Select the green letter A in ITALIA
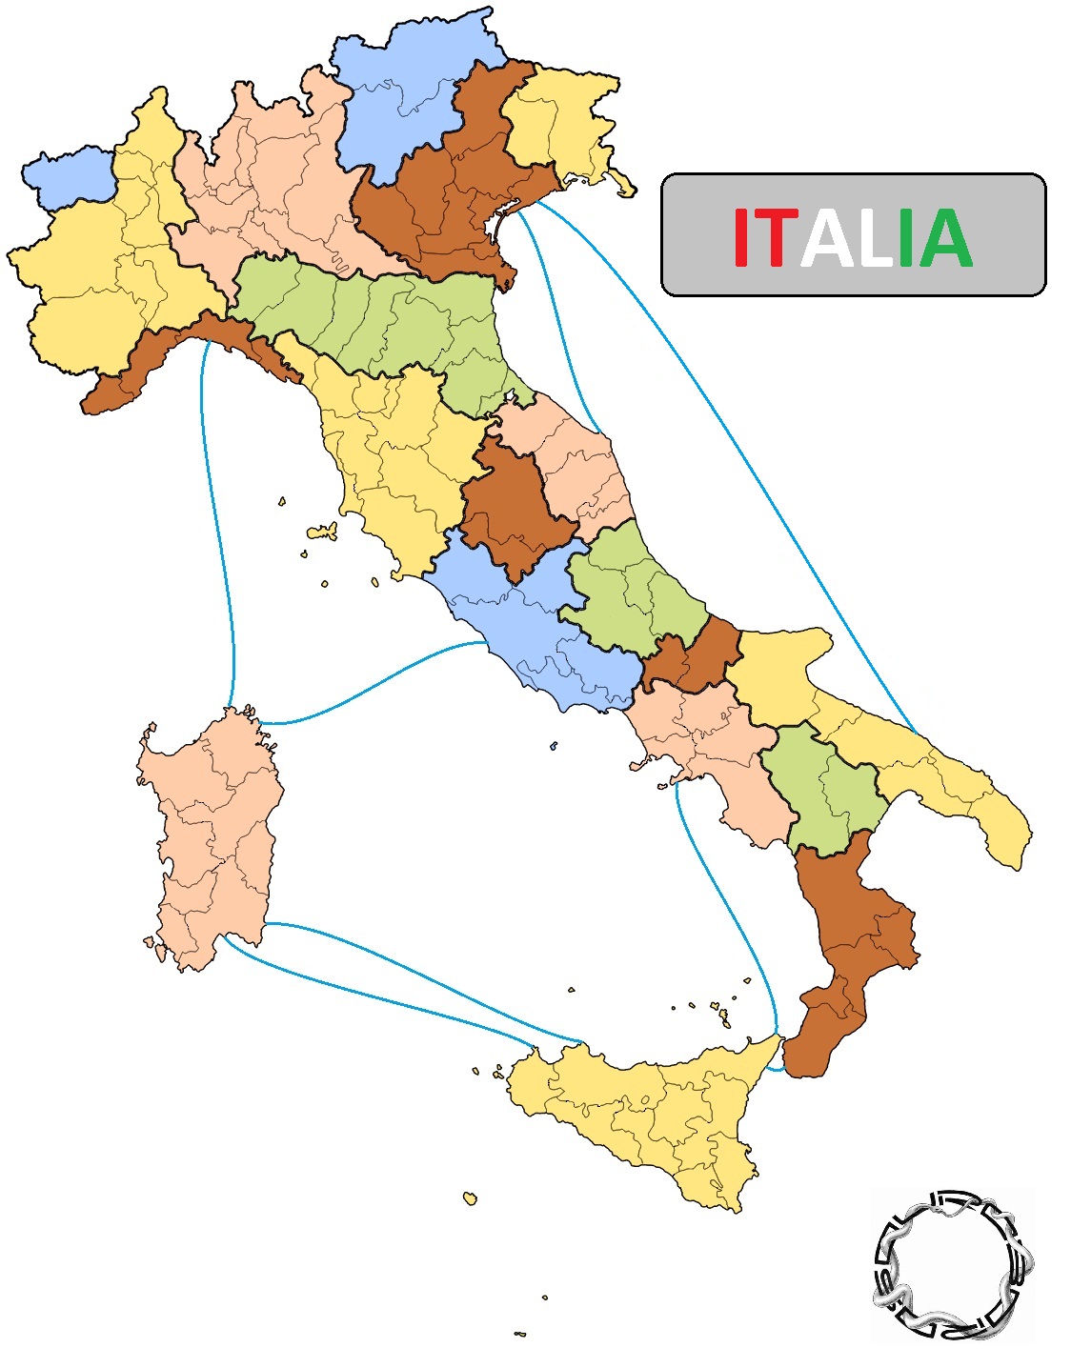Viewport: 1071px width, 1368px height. coord(944,238)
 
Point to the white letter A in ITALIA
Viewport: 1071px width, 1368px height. coord(826,238)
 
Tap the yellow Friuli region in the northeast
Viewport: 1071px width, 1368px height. coord(557,124)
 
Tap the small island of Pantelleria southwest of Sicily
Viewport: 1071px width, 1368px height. coord(470,1197)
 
